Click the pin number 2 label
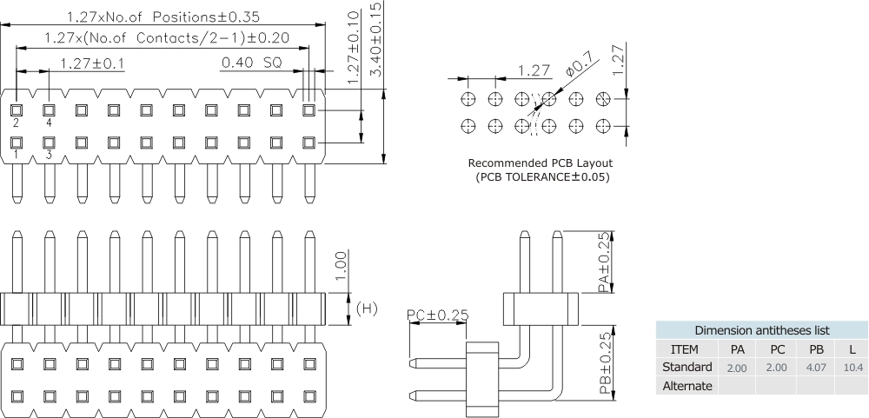tap(16, 124)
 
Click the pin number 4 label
tap(49, 124)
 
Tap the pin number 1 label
tap(16, 155)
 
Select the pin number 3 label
tap(49, 155)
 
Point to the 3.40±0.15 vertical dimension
tap(376, 39)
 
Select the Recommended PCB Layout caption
tap(541, 163)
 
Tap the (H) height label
tap(368, 308)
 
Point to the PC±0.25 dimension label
tap(437, 314)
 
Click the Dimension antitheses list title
tap(760, 330)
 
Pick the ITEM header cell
tap(685, 349)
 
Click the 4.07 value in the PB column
tap(816, 368)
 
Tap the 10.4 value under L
tap(853, 368)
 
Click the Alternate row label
tap(687, 386)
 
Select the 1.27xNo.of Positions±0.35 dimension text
tap(163, 17)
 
